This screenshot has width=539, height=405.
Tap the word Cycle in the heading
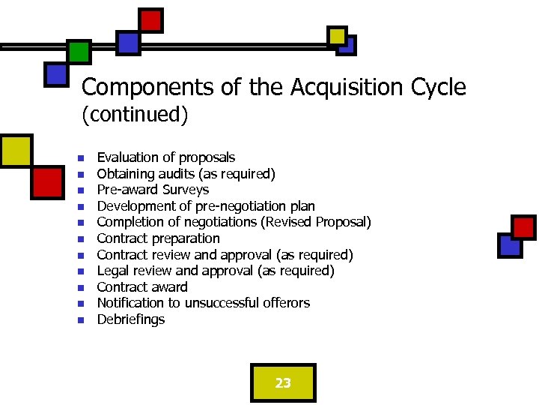[x=438, y=88]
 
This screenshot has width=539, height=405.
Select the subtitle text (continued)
[x=135, y=115]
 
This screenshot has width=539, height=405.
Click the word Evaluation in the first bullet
[x=127, y=157]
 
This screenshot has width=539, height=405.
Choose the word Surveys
[x=185, y=190]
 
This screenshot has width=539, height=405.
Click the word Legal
[x=113, y=271]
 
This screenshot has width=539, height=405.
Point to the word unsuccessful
[x=219, y=303]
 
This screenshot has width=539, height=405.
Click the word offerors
[x=286, y=303]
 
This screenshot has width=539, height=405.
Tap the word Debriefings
[x=131, y=319]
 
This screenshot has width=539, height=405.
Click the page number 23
[x=283, y=383]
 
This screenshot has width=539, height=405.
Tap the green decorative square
[x=79, y=51]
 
